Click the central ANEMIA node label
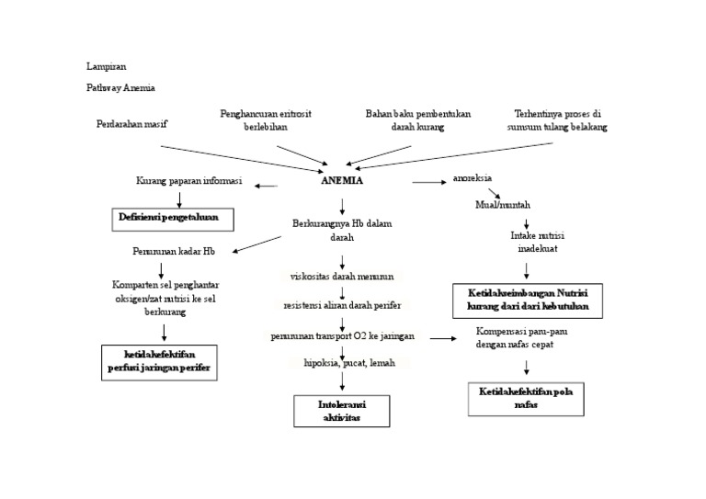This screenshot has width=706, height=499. click(342, 181)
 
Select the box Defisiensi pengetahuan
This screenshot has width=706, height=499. click(174, 219)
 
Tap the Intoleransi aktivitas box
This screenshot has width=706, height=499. click(341, 411)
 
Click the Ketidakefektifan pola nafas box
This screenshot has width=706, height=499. click(526, 398)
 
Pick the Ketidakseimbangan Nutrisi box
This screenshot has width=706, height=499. click(528, 301)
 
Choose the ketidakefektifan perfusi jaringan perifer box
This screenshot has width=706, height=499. click(158, 362)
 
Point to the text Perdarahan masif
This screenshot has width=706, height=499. click(132, 124)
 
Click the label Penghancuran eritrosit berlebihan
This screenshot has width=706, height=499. click(265, 120)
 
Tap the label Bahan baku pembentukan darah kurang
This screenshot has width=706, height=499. click(417, 120)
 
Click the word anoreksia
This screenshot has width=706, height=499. click(472, 178)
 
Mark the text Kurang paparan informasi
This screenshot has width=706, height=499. click(189, 182)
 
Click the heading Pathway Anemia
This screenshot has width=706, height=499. click(120, 88)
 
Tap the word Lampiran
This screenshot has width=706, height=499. click(106, 66)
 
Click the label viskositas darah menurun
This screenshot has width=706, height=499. click(342, 277)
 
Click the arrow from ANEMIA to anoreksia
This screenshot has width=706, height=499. click(428, 182)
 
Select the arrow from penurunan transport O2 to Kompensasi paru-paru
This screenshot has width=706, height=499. click(443, 338)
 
